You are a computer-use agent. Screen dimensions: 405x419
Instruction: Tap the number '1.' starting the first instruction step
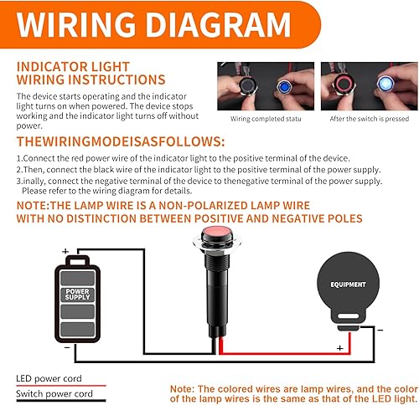(x=19, y=157)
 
